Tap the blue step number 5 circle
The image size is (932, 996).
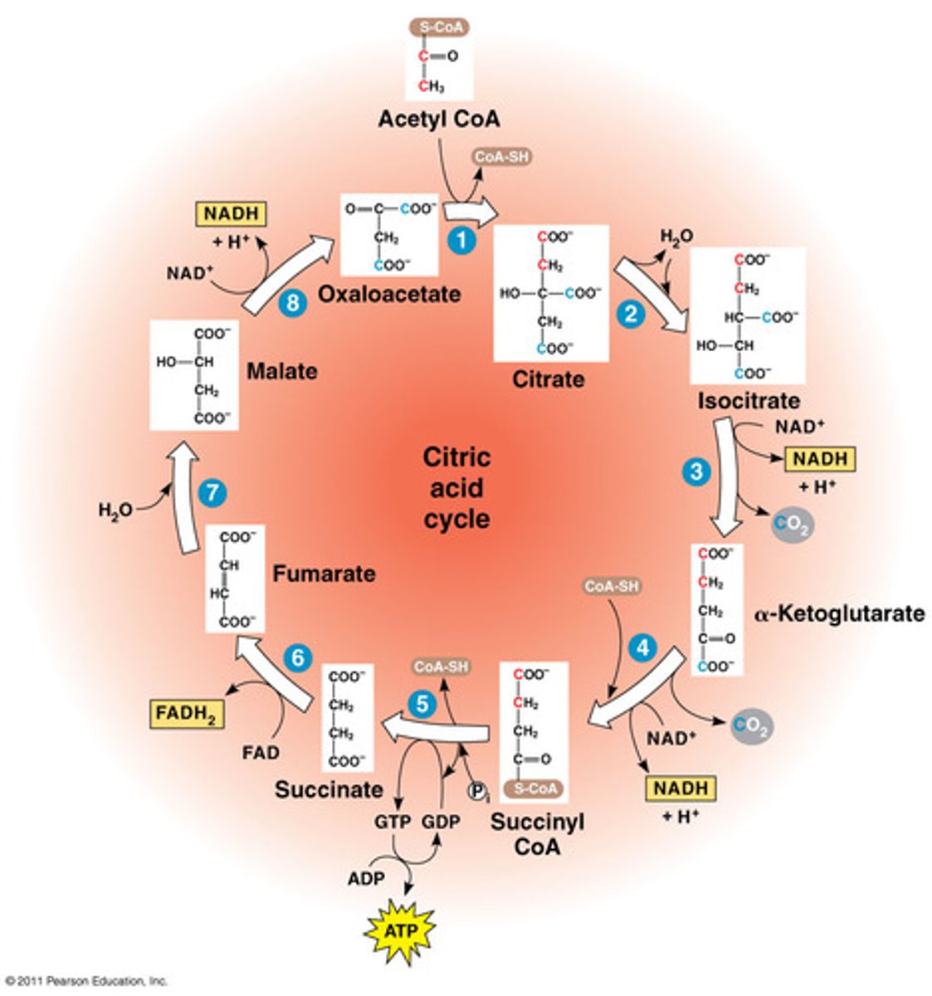[x=422, y=705]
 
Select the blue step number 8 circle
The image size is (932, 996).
[x=291, y=303]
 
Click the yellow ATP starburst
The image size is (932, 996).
[x=401, y=931]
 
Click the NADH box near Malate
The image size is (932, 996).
[x=231, y=214]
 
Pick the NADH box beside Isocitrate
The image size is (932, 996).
[x=820, y=459]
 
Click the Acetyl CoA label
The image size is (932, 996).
[x=439, y=120]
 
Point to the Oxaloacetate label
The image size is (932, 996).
[x=389, y=294]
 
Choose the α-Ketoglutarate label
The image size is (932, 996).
[x=839, y=614]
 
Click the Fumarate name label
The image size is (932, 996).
[x=324, y=574]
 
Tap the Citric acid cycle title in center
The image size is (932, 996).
[x=456, y=488]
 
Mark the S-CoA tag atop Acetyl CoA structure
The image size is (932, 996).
[x=439, y=27]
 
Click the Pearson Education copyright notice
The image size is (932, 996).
[x=85, y=980]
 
